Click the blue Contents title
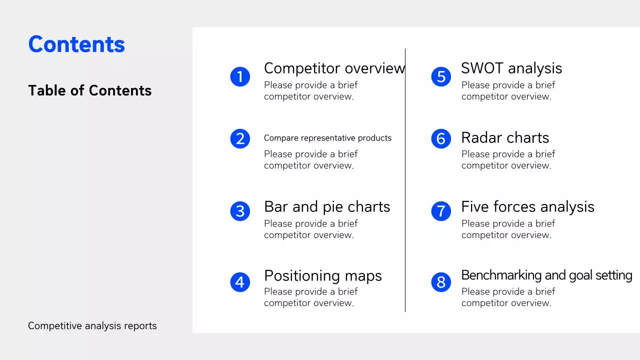click(x=76, y=44)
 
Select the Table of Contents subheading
click(x=90, y=90)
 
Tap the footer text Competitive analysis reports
click(x=92, y=326)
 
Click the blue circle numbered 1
click(x=240, y=76)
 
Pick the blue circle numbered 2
click(x=240, y=138)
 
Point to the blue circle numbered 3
click(x=240, y=211)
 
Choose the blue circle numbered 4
click(x=240, y=282)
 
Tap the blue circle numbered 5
click(x=441, y=76)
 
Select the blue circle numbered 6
click(x=441, y=138)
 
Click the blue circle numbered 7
click(x=441, y=211)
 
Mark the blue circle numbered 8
click(x=441, y=282)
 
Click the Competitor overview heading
click(x=334, y=68)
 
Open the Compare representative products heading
click(x=327, y=138)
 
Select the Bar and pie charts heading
click(x=327, y=206)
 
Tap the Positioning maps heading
click(x=323, y=275)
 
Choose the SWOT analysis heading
click(x=511, y=68)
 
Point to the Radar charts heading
click(x=505, y=137)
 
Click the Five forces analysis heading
click(x=527, y=206)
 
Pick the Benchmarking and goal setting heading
click(x=546, y=275)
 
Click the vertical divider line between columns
click(x=405, y=180)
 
